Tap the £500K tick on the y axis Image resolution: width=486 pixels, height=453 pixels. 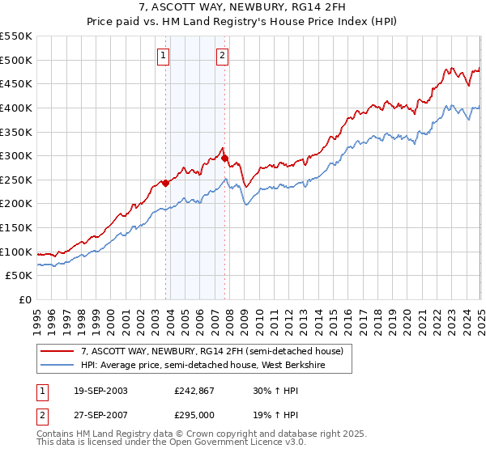point(16,60)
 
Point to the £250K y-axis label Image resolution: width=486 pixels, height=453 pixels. point(16,180)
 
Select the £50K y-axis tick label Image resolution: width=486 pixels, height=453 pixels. point(19,276)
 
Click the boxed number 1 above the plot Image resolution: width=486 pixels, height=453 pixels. point(164,56)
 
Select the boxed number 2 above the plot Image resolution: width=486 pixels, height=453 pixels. point(222,56)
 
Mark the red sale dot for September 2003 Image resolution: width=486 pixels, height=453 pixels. point(165,183)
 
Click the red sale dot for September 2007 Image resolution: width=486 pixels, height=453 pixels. point(224,158)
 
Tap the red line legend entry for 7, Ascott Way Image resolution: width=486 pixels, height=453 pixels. point(212,351)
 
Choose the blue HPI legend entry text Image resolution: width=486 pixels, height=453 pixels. point(212,365)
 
